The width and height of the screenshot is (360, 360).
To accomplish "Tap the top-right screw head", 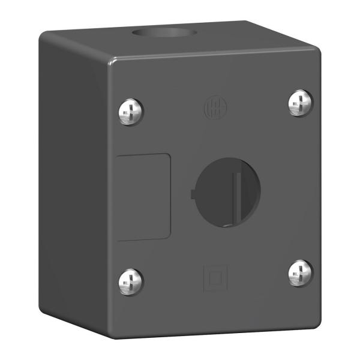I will [299, 103].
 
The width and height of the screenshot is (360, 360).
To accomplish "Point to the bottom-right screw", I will [299, 273].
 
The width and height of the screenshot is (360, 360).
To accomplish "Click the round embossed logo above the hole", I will [214, 106].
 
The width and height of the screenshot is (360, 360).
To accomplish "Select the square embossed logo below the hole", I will [214, 276].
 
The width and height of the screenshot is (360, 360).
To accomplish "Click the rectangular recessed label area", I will [143, 197].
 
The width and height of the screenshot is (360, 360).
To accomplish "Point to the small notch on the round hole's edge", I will [192, 194].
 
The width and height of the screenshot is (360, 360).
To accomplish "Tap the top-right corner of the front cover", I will [319, 50].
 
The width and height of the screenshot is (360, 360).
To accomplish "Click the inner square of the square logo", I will [214, 277].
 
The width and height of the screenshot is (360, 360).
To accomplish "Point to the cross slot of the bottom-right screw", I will [299, 273].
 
